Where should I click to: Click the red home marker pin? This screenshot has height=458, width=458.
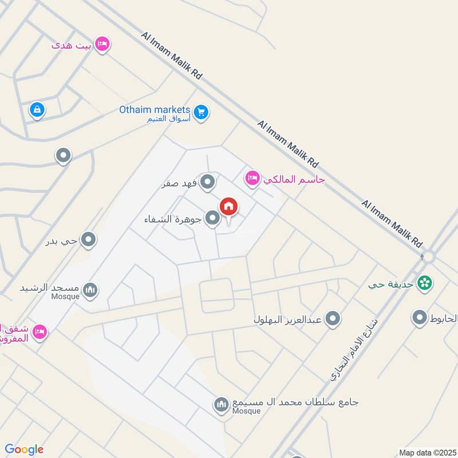click(228, 207)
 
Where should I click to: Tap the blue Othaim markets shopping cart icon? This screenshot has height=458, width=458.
click(200, 112)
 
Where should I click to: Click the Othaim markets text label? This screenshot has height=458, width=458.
click(154, 109)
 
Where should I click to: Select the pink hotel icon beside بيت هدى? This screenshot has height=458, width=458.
click(102, 44)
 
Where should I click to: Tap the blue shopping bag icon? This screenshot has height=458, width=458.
click(37, 109)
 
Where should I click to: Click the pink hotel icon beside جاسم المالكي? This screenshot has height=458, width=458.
click(252, 179)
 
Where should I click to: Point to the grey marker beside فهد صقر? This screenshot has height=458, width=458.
click(208, 183)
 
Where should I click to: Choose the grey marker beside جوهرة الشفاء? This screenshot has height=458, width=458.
click(213, 218)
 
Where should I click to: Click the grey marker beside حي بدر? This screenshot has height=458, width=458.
click(88, 240)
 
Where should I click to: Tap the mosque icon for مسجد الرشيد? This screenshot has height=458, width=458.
click(90, 290)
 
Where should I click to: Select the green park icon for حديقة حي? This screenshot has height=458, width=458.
click(424, 282)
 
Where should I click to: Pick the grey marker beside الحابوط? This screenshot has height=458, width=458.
click(420, 317)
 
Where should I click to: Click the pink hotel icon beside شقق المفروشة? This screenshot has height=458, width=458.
click(40, 331)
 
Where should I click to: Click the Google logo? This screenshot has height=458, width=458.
click(24, 449)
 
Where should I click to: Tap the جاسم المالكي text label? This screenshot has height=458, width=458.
click(294, 180)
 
